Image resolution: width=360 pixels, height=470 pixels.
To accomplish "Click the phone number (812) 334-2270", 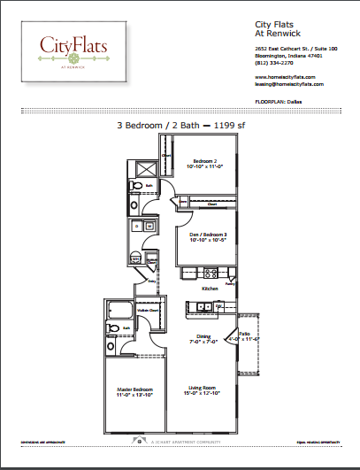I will click(273, 63).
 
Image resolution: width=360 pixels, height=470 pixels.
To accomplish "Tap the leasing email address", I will click(289, 84).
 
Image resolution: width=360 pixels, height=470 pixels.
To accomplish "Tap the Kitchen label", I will click(211, 289).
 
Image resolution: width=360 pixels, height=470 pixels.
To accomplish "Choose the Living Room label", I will click(203, 389).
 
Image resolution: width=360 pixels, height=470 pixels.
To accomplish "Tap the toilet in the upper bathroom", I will click(135, 185).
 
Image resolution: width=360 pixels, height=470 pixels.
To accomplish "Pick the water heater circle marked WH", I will click(134, 258).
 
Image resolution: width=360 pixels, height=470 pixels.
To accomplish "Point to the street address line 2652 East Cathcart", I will click(287, 49).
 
